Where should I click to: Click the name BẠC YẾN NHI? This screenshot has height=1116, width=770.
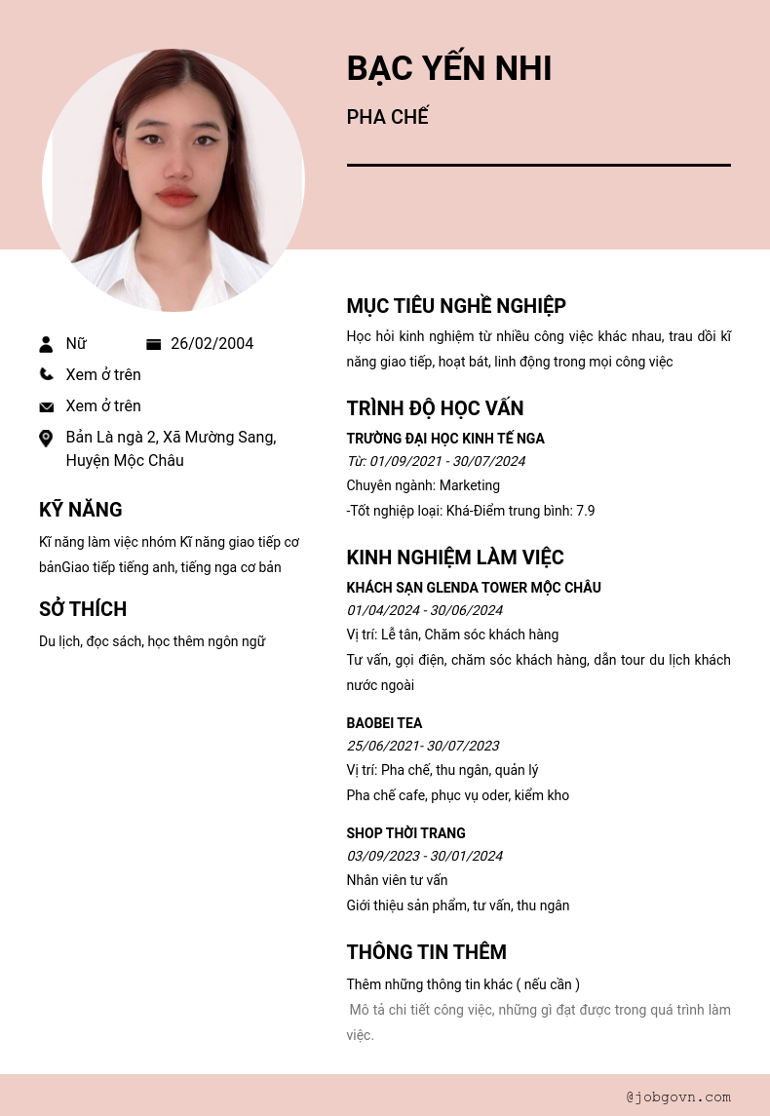click(x=449, y=69)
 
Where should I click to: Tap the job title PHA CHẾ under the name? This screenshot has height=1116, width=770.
click(x=387, y=118)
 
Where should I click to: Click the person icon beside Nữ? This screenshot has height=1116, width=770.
click(x=46, y=344)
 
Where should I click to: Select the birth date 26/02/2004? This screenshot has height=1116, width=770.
click(x=212, y=344)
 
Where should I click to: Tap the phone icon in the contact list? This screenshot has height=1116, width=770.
click(x=46, y=374)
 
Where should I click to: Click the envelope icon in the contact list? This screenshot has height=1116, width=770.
click(x=46, y=406)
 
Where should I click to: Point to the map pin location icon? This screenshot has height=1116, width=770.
click(x=46, y=439)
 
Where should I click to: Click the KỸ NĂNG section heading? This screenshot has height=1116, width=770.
click(x=80, y=510)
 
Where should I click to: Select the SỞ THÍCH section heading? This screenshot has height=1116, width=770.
click(x=83, y=609)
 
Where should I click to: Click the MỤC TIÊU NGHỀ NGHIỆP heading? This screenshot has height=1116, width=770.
click(x=456, y=306)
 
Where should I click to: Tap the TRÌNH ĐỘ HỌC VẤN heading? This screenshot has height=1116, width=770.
click(x=435, y=408)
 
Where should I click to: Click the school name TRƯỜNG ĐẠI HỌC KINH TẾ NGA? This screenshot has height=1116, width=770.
click(x=445, y=439)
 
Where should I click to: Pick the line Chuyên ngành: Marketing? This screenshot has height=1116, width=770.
click(x=423, y=485)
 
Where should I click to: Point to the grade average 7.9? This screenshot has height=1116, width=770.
click(x=585, y=511)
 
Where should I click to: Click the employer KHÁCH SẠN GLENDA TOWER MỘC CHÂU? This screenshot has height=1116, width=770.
click(x=474, y=588)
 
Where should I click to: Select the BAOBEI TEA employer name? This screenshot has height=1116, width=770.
click(x=384, y=723)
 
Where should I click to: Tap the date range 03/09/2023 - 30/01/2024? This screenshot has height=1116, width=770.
click(x=424, y=856)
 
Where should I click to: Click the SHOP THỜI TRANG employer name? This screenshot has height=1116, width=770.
click(x=405, y=833)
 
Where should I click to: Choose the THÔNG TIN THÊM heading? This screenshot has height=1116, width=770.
click(x=426, y=952)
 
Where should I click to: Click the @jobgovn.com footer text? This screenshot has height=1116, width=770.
click(x=678, y=1097)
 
